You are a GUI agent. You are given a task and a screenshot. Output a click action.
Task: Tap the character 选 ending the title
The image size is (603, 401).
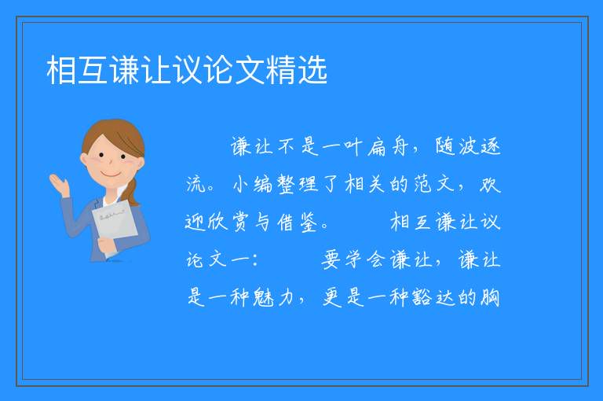pos(312,70)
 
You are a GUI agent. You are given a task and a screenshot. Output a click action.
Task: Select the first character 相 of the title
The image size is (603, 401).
pos(61,70)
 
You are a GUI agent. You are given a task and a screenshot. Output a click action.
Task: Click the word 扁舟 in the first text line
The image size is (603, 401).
pos(387,147)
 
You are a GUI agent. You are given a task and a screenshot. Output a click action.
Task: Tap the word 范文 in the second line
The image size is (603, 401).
pos(434,184)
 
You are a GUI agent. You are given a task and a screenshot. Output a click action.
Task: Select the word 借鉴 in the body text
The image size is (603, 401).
pos(298,223)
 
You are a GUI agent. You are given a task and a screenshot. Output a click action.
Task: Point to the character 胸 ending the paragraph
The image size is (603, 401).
pos(490,297)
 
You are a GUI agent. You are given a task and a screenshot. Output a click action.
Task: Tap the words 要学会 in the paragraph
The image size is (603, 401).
pos(353,259)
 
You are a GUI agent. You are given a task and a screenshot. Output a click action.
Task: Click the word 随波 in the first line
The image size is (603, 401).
pos(456,147)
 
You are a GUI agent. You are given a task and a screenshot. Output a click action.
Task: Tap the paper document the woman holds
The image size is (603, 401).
pos(115,225)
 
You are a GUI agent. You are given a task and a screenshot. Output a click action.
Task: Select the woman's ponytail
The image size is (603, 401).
pos(132,191)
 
